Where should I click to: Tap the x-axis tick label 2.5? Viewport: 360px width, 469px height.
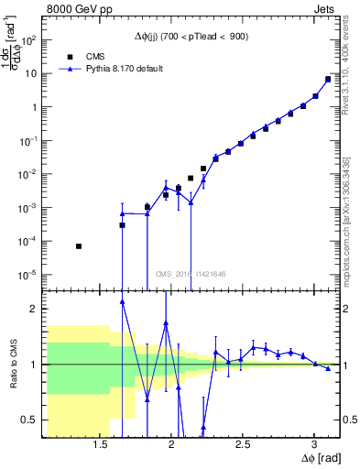click(x=243, y=444)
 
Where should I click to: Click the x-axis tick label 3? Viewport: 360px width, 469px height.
click(x=313, y=444)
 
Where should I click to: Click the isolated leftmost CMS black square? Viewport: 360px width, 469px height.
click(x=79, y=246)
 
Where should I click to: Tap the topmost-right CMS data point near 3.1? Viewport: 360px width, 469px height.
click(x=328, y=79)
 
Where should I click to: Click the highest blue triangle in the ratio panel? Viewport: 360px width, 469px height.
click(x=122, y=300)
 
